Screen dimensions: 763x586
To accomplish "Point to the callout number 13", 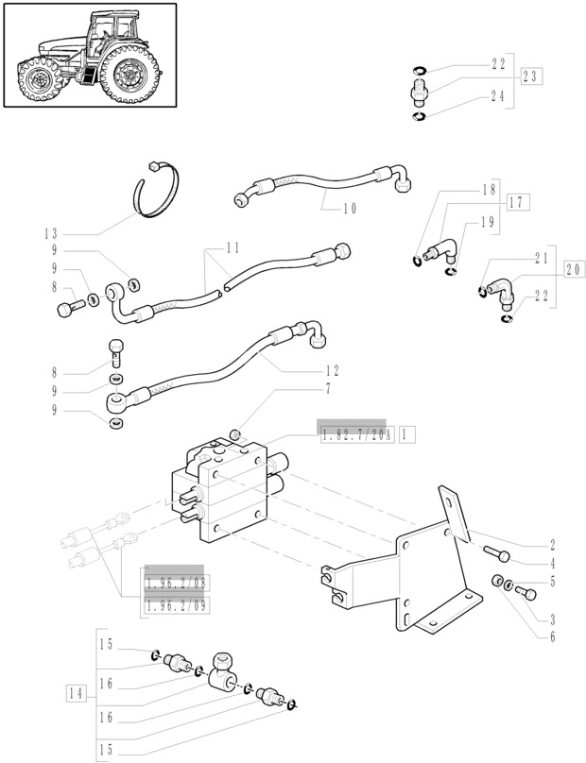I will [x=50, y=233].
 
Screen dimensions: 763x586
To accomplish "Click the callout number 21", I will [x=542, y=257].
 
